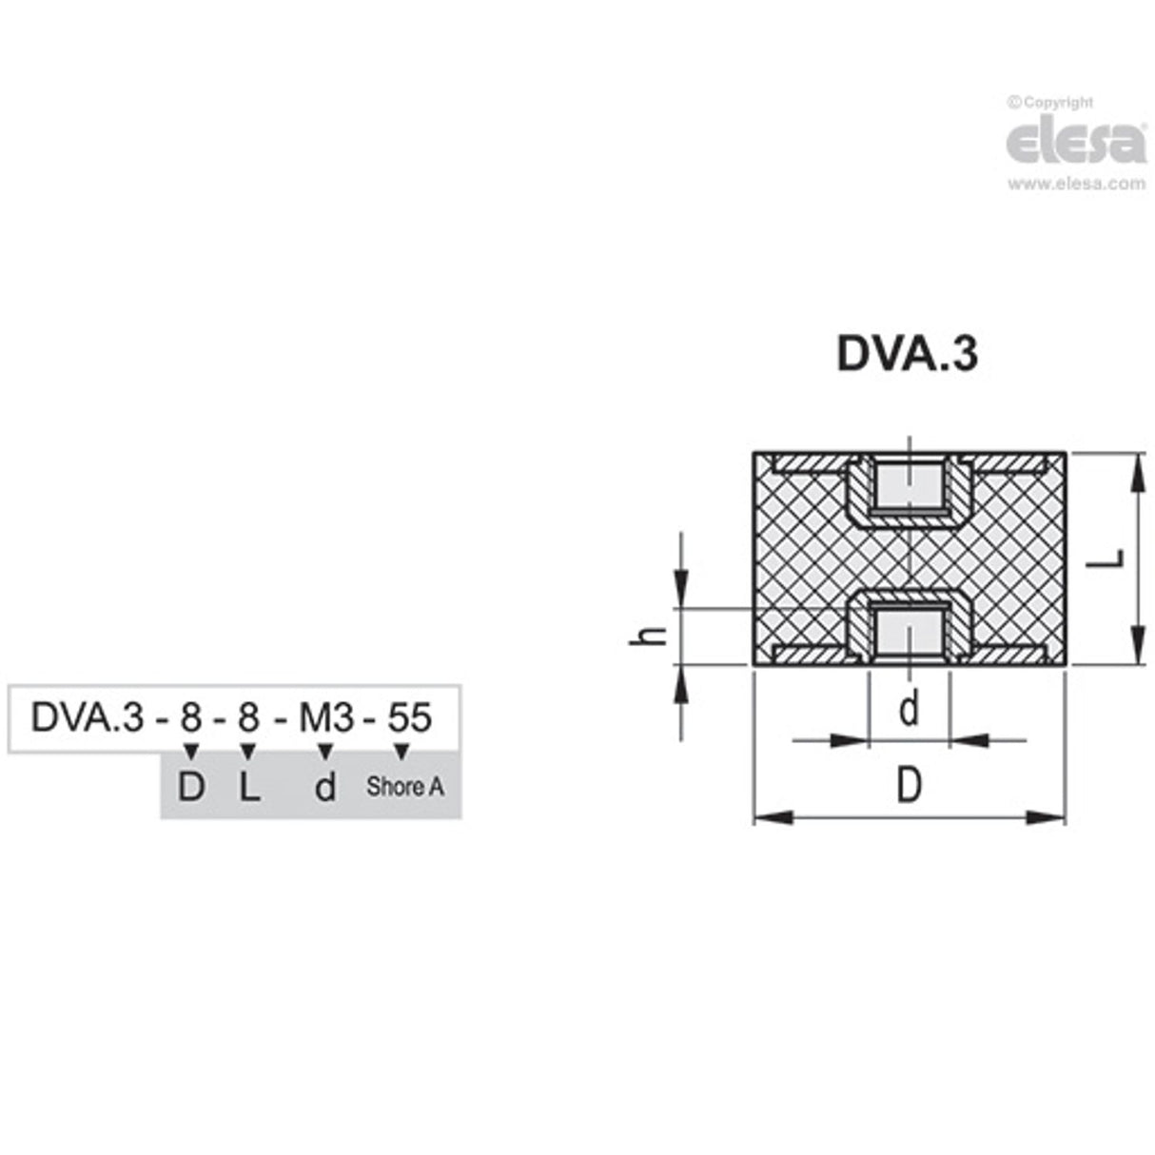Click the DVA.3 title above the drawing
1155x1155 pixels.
[x=906, y=354]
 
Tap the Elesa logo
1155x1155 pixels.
[x=1076, y=143]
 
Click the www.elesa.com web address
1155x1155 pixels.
[x=1076, y=185]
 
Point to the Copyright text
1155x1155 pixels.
[x=1050, y=102]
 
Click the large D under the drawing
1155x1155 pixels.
[x=909, y=787]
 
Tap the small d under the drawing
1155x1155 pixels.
[x=910, y=709]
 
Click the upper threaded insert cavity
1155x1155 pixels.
[x=909, y=485]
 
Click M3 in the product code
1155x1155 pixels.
[x=326, y=717]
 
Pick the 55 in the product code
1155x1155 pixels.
[x=410, y=717]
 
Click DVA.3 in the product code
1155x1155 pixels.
[x=87, y=717]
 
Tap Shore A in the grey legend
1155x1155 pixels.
[x=404, y=787]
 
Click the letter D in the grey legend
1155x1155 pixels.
[x=191, y=787]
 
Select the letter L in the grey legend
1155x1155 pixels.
[x=248, y=787]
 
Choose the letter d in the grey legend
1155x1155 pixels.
[x=325, y=787]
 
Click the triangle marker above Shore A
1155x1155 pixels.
[x=401, y=753]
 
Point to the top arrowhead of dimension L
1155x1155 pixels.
[x=1137, y=470]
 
